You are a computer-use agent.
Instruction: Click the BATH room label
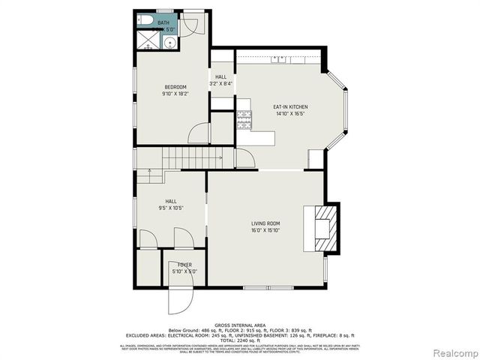(163, 23)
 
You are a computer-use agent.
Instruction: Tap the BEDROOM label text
(174, 87)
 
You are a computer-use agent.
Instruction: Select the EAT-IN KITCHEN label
(289, 107)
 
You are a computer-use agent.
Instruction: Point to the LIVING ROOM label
(265, 223)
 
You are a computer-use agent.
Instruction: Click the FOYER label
(184, 265)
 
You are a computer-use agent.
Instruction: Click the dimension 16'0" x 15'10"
(265, 230)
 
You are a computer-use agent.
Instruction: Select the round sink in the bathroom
(170, 43)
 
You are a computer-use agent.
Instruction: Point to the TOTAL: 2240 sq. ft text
(239, 340)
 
